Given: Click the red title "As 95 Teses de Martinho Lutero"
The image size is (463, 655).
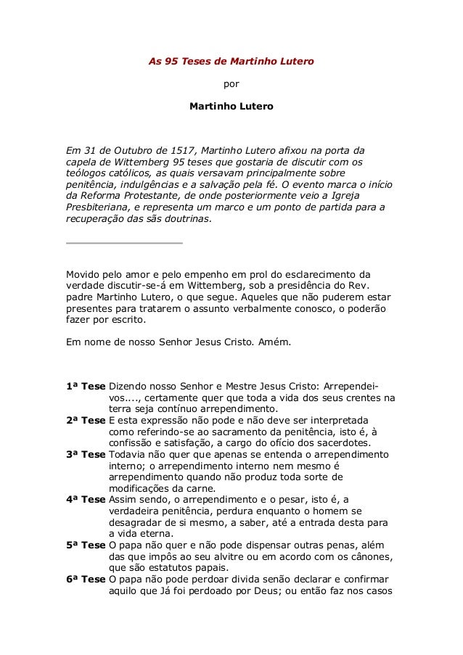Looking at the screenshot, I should point(231,62).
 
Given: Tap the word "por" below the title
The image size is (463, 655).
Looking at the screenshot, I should point(231,84).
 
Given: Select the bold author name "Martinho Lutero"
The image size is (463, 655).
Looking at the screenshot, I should point(231,106).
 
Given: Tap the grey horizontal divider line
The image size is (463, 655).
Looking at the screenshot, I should point(124,242).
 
